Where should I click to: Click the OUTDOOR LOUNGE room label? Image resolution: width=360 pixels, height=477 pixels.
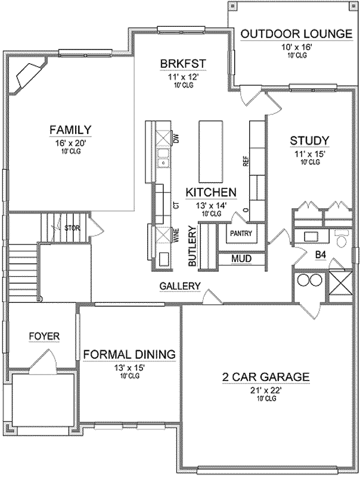pos(296,33)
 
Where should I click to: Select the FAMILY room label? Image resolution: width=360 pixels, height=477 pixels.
pos(70,129)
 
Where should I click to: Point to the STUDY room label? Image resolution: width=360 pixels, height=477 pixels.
pos(309,141)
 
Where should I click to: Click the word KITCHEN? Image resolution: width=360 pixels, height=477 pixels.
pos(211,192)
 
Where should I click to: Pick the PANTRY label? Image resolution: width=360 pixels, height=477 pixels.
pos(241,233)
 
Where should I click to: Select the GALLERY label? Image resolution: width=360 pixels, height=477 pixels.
pos(180,286)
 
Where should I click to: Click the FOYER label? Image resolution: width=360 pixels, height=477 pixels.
pos(44,336)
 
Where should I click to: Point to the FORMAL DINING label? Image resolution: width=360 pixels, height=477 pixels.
pos(129,354)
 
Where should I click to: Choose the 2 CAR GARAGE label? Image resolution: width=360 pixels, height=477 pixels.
pos(266,377)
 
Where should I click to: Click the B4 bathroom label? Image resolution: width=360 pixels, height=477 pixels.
pos(321,255)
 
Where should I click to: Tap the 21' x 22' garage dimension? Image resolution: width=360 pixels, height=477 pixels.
pos(266,391)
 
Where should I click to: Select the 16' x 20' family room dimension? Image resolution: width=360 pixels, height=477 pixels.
pos(70,143)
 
